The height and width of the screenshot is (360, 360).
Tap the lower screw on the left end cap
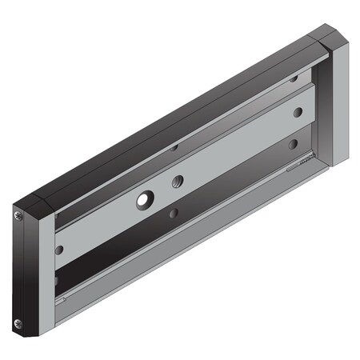(19, 322)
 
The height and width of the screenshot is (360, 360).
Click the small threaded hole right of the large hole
(178, 182)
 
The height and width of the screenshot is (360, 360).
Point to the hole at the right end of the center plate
(297, 113)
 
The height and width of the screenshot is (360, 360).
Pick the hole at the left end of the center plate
(58, 249)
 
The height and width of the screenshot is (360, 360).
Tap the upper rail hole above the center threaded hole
(174, 146)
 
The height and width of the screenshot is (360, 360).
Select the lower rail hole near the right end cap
(294, 145)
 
